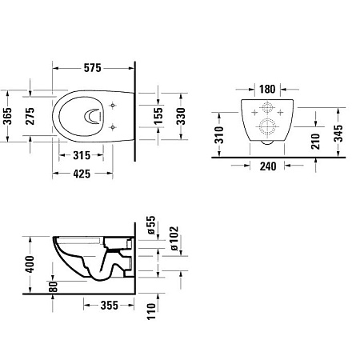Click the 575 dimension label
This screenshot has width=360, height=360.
[93, 68]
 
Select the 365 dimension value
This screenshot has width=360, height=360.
[8, 116]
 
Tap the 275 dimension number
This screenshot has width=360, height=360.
[30, 116]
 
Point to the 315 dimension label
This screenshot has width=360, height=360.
[82, 155]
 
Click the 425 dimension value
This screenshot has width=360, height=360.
[82, 174]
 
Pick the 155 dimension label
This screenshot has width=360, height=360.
[158, 116]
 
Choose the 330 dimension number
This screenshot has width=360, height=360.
[181, 116]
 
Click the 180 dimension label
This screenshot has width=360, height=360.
[267, 89]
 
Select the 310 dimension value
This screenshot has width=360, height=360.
[219, 135]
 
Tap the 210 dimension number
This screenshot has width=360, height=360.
[315, 142]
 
